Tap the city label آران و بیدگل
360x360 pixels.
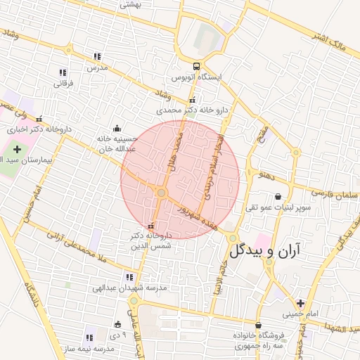coord(264,250)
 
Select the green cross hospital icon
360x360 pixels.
coord(18,150)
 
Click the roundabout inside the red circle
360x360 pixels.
coord(161,192)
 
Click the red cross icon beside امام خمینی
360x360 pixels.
coord(301,303)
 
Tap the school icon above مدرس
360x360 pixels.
coord(97,57)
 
